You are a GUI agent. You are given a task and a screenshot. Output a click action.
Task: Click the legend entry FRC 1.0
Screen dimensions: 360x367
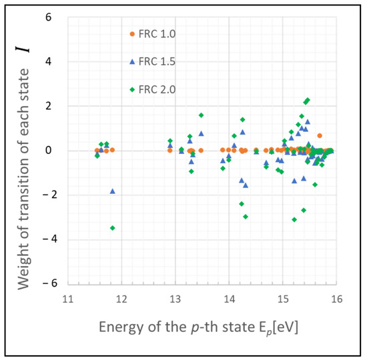coord(153,33)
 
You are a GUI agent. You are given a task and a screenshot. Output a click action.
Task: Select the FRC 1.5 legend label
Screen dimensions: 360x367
coord(153,61)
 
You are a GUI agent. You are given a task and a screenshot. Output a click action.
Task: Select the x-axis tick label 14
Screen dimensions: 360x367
coord(229,298)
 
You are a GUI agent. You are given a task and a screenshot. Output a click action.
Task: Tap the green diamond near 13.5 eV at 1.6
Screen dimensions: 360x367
coord(201,115)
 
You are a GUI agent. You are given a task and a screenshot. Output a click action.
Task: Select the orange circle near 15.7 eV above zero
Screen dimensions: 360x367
coord(320,135)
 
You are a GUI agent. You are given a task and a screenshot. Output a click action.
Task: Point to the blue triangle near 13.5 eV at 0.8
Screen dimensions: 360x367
coord(201,133)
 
